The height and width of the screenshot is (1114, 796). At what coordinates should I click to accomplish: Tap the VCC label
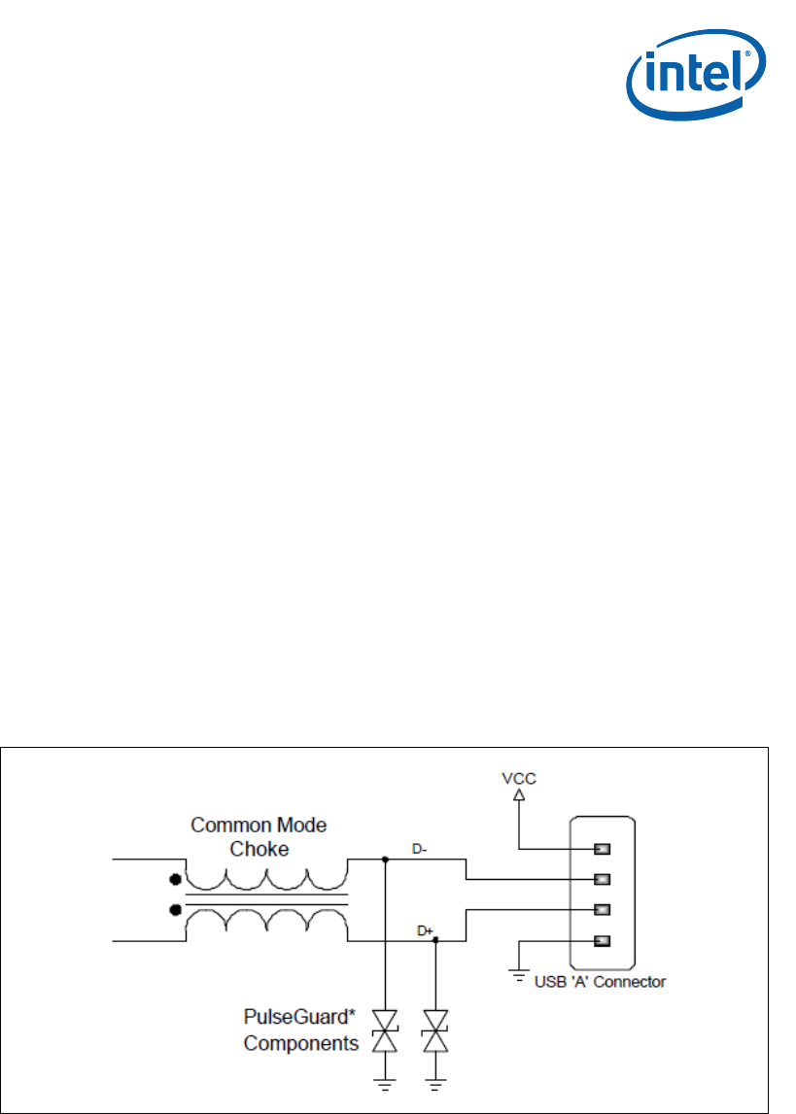[518, 778]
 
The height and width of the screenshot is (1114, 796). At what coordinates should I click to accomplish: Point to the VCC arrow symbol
[518, 795]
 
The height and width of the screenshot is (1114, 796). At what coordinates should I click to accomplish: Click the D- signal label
[420, 849]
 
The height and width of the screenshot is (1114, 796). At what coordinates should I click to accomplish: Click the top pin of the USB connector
[602, 849]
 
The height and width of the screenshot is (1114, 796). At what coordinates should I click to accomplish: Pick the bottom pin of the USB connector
[602, 940]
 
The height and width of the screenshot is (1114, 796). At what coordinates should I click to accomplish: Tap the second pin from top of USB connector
[602, 879]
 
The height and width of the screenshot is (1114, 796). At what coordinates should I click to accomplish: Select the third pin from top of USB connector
[602, 910]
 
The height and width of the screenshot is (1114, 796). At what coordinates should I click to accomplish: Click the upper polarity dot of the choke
[175, 880]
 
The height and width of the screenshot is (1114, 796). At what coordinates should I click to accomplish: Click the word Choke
[258, 848]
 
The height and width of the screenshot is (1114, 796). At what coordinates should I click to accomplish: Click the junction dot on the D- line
[386, 860]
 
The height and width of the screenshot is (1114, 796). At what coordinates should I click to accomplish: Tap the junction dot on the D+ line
[435, 940]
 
